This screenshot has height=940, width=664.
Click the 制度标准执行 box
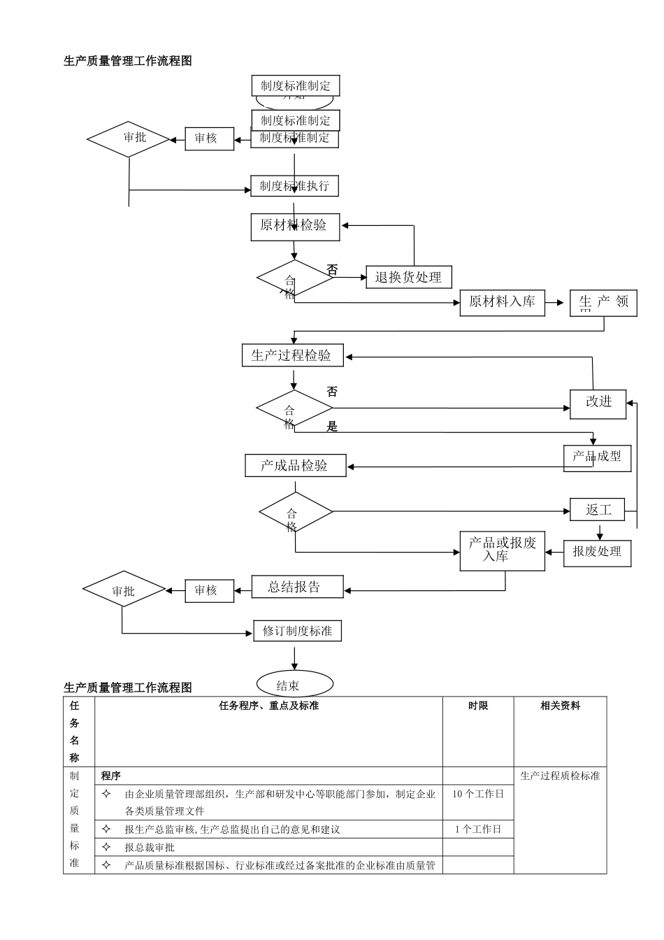click(x=294, y=186)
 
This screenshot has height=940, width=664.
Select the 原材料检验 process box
click(x=295, y=227)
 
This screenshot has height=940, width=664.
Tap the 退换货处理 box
click(x=409, y=277)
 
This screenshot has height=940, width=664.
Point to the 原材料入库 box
click(x=502, y=302)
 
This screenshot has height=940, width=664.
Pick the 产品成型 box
click(x=597, y=457)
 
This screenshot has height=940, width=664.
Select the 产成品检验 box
click(x=295, y=466)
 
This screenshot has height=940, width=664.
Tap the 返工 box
click(x=598, y=510)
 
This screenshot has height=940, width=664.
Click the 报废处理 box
click(x=598, y=553)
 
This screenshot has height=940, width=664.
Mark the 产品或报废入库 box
click(x=502, y=550)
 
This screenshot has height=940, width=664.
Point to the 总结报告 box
click(x=297, y=587)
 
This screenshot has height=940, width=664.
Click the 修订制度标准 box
click(x=297, y=631)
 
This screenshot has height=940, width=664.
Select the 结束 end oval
click(x=294, y=685)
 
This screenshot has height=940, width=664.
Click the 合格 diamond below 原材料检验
click(x=294, y=279)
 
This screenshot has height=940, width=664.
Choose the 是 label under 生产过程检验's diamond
click(x=332, y=427)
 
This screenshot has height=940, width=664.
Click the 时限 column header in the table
click(x=478, y=706)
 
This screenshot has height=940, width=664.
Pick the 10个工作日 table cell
click(x=478, y=794)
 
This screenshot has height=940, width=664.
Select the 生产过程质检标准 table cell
click(x=560, y=776)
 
